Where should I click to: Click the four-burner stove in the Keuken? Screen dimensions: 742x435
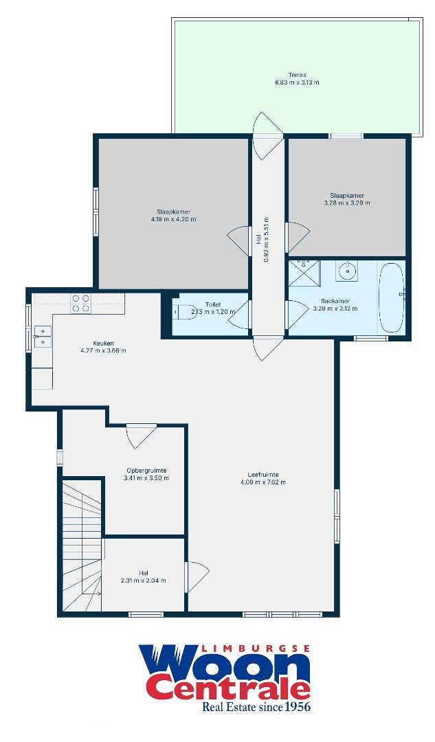(x=80, y=304)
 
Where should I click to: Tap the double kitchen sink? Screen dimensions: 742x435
(x=42, y=335)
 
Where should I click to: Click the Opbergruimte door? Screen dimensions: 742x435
(x=141, y=434)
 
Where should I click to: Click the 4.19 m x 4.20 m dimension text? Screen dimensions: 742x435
(x=173, y=220)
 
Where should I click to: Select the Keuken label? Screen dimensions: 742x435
(x=103, y=343)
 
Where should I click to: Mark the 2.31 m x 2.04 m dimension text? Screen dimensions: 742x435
(x=143, y=581)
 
